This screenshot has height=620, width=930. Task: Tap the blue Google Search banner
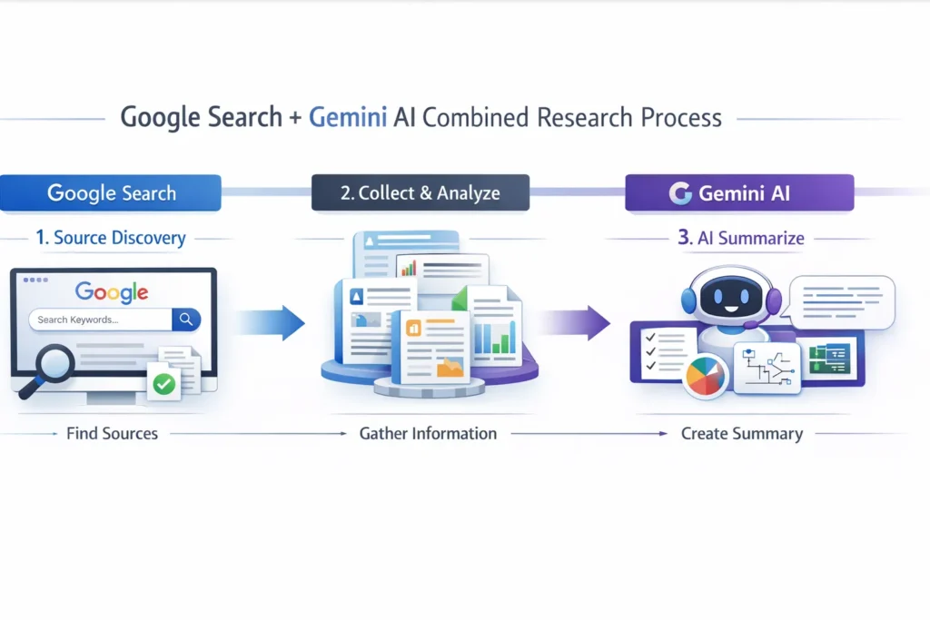[x=111, y=192]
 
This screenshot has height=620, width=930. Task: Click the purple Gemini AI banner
[x=739, y=192]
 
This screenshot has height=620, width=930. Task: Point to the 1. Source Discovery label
[x=110, y=238]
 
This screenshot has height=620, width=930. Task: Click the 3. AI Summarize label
[x=740, y=238]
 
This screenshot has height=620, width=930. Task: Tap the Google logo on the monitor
[x=111, y=291]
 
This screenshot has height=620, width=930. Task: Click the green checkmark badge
[x=163, y=384]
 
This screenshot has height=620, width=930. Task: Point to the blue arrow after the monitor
[x=272, y=322]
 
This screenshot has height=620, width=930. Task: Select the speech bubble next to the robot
[x=842, y=302]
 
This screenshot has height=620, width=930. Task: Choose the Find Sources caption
[x=112, y=434]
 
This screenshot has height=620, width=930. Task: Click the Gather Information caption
[x=428, y=434]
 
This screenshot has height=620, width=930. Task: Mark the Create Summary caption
[x=742, y=434]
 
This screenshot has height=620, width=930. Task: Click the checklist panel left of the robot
[x=663, y=349]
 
